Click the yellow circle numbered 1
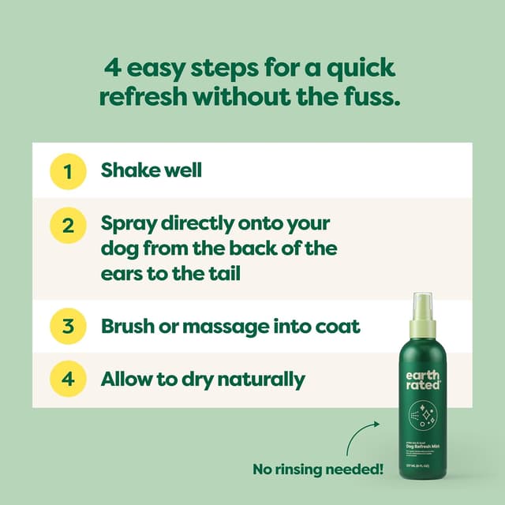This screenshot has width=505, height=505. [x=68, y=171]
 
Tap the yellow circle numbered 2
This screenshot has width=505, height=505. [x=68, y=225]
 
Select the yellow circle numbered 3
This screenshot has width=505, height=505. [x=68, y=325]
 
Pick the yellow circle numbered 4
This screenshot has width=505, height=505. [x=68, y=379]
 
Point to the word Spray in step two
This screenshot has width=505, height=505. [x=128, y=224]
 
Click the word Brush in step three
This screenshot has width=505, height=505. [x=128, y=325]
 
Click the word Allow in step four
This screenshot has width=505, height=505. [x=126, y=379]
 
